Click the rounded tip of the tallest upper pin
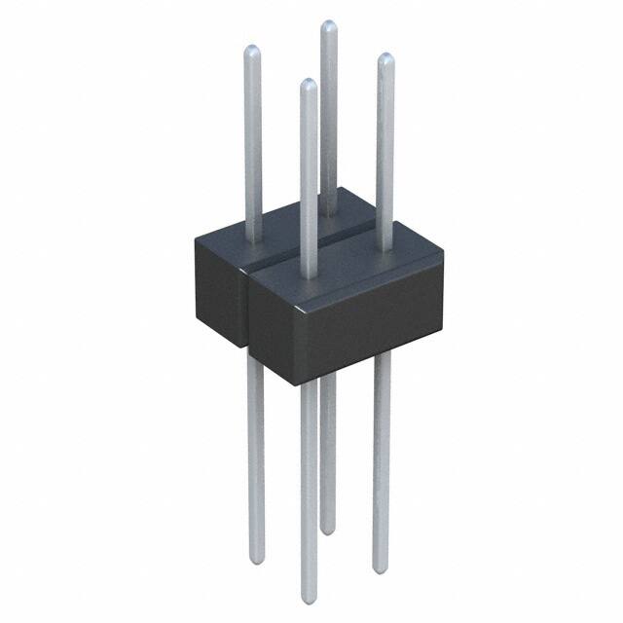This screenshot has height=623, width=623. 329,26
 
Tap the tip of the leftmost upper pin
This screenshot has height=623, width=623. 252,50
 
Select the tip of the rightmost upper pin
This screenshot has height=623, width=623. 385,59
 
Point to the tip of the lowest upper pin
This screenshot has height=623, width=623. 308,86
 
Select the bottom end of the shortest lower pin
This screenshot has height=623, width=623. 328,530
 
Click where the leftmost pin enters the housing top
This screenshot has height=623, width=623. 253,239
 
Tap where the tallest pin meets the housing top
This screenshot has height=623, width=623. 329,210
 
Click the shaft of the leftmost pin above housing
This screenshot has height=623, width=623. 253,146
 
